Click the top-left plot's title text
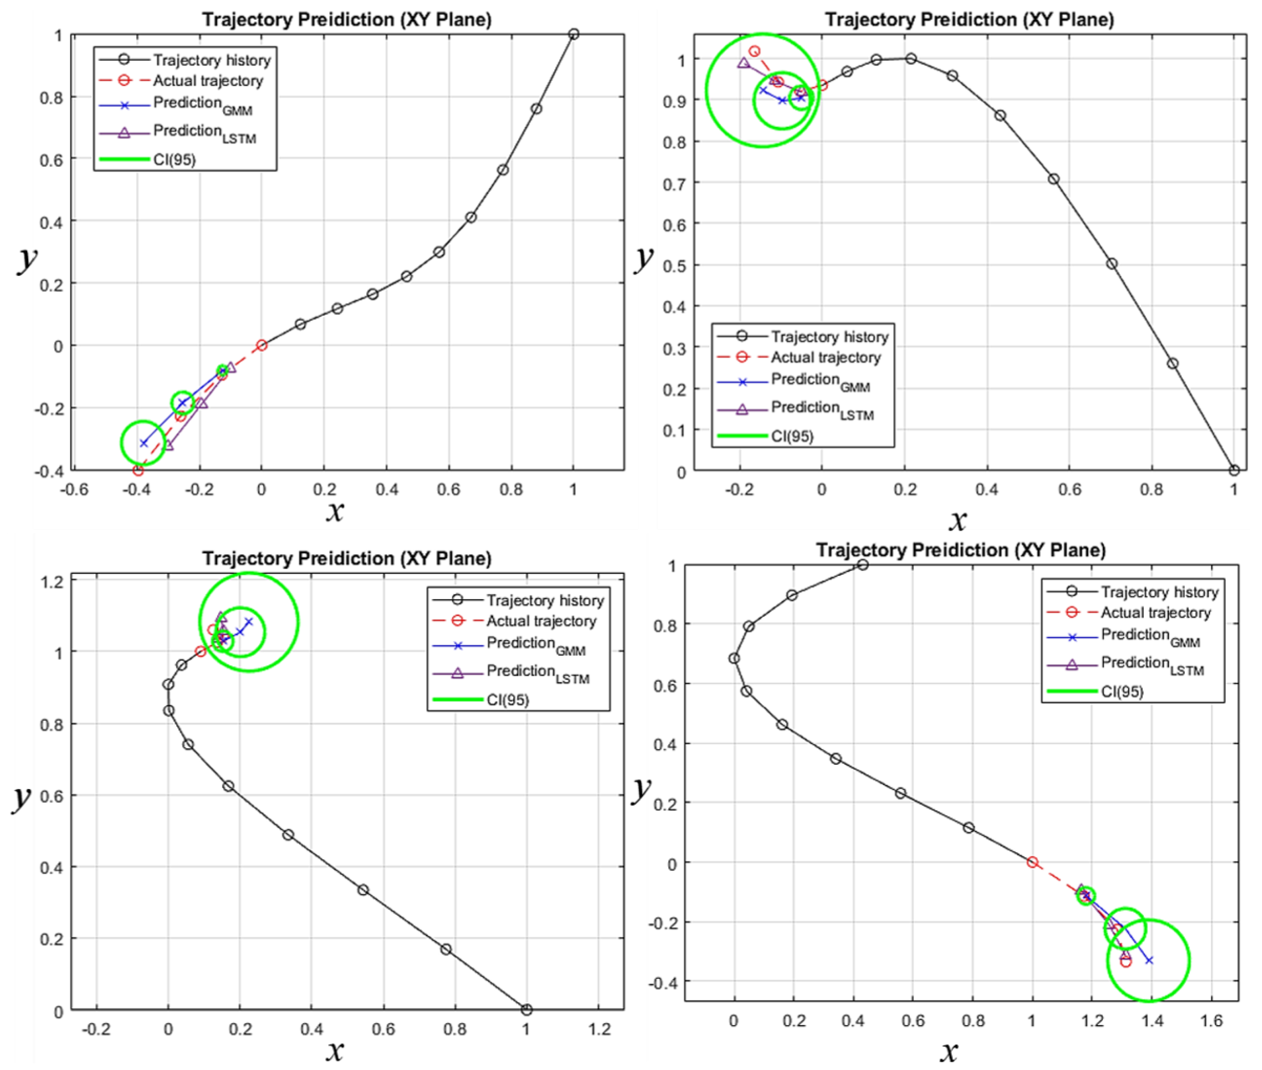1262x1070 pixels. pyautogui.click(x=347, y=19)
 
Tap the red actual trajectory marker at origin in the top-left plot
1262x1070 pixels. pyautogui.click(x=262, y=345)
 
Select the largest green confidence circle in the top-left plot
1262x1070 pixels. pyautogui.click(x=143, y=443)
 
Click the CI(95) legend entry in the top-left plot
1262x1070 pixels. pyautogui.click(x=174, y=159)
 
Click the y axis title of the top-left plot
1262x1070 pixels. pyautogui.click(x=27, y=260)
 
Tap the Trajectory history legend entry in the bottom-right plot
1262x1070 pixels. pyautogui.click(x=1159, y=592)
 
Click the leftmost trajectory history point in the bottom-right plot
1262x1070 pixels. pyautogui.click(x=734, y=658)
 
